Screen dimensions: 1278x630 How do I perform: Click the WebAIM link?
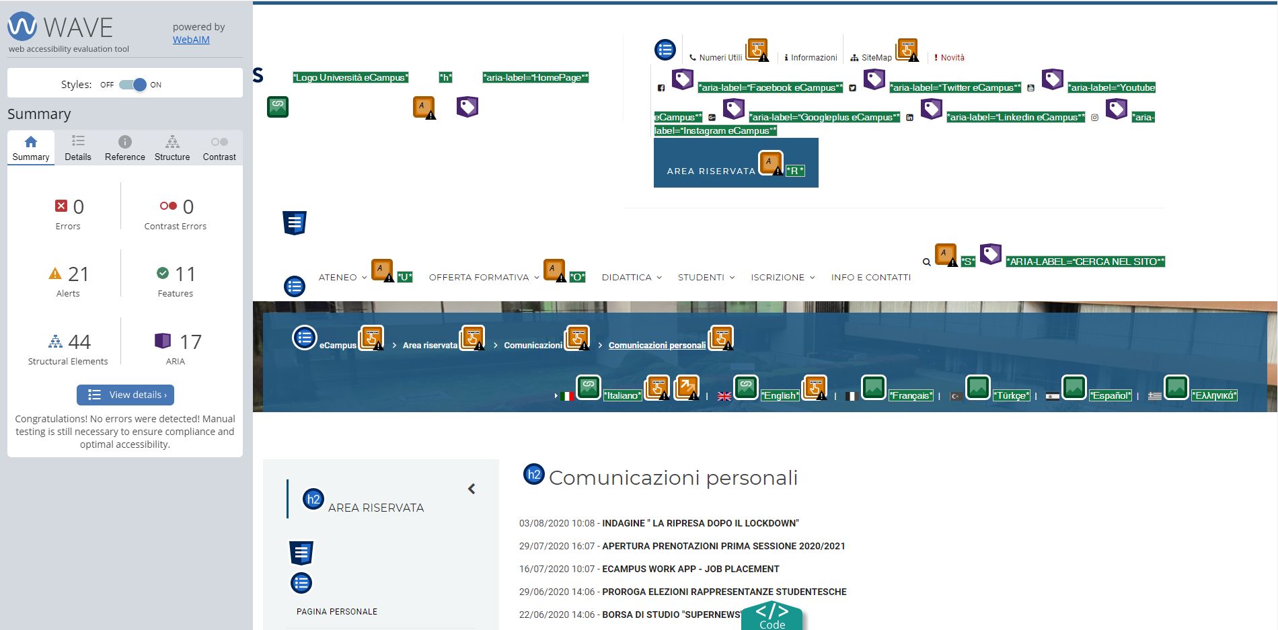[191, 40]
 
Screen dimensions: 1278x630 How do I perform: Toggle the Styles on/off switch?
[133, 85]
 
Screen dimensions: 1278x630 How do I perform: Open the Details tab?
[78, 148]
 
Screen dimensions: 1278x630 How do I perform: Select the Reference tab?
[125, 148]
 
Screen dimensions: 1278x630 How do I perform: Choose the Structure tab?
[172, 148]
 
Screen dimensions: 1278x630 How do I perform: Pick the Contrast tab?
[219, 148]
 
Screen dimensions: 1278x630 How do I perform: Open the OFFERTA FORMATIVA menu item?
[479, 277]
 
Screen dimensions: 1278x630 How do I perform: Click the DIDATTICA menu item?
[627, 277]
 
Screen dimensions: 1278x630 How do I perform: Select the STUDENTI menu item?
[701, 277]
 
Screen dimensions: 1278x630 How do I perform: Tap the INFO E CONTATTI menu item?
[871, 277]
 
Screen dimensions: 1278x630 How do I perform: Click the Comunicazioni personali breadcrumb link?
[657, 346]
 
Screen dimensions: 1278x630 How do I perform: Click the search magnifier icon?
[927, 262]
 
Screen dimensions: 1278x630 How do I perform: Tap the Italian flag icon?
[567, 396]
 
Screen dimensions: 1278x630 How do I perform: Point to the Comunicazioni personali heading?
[673, 478]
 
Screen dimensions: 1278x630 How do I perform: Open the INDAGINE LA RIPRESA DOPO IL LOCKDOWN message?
[700, 523]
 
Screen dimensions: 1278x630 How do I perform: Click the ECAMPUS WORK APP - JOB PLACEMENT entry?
[691, 569]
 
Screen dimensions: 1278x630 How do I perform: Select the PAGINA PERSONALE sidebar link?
[337, 612]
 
